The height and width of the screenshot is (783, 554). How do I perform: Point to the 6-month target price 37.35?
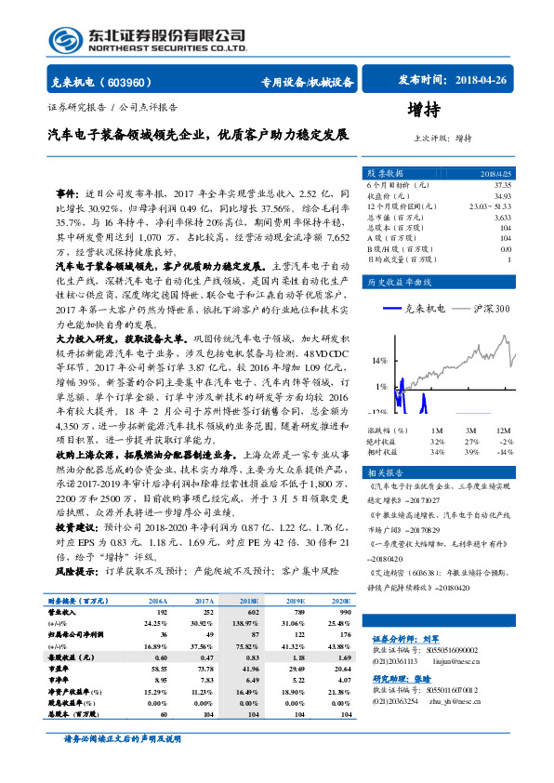(501, 185)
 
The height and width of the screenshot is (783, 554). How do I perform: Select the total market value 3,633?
(502, 217)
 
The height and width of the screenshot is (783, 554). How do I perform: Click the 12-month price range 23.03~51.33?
(490, 206)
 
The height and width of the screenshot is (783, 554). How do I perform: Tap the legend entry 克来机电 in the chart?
(419, 308)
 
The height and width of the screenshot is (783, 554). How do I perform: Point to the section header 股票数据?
(383, 173)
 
